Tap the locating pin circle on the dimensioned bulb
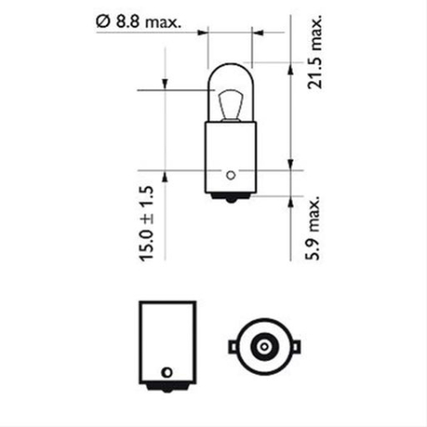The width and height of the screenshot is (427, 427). (x=230, y=174)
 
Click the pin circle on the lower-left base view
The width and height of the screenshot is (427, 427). (x=165, y=371)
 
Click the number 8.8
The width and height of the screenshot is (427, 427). (x=129, y=18)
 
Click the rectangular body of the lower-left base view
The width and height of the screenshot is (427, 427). (x=165, y=338)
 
